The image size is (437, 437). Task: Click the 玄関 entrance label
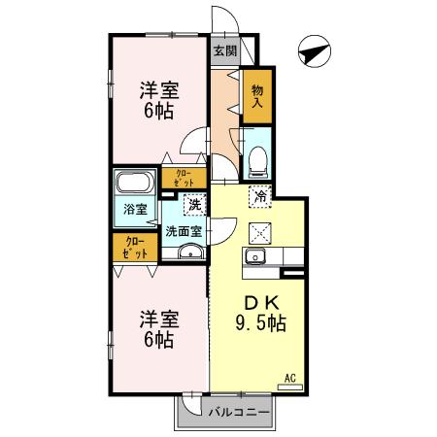[225, 51]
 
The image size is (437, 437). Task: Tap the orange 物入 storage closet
[257, 96]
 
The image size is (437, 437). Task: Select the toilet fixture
[258, 158]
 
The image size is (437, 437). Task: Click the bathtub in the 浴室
[132, 185]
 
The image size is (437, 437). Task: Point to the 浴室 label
[135, 209]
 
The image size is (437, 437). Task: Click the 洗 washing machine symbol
[196, 205]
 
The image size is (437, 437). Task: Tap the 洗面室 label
[183, 231]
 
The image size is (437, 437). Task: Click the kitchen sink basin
[256, 257]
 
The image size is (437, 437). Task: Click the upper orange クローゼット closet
[184, 177]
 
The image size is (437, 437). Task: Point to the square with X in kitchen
[259, 231]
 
